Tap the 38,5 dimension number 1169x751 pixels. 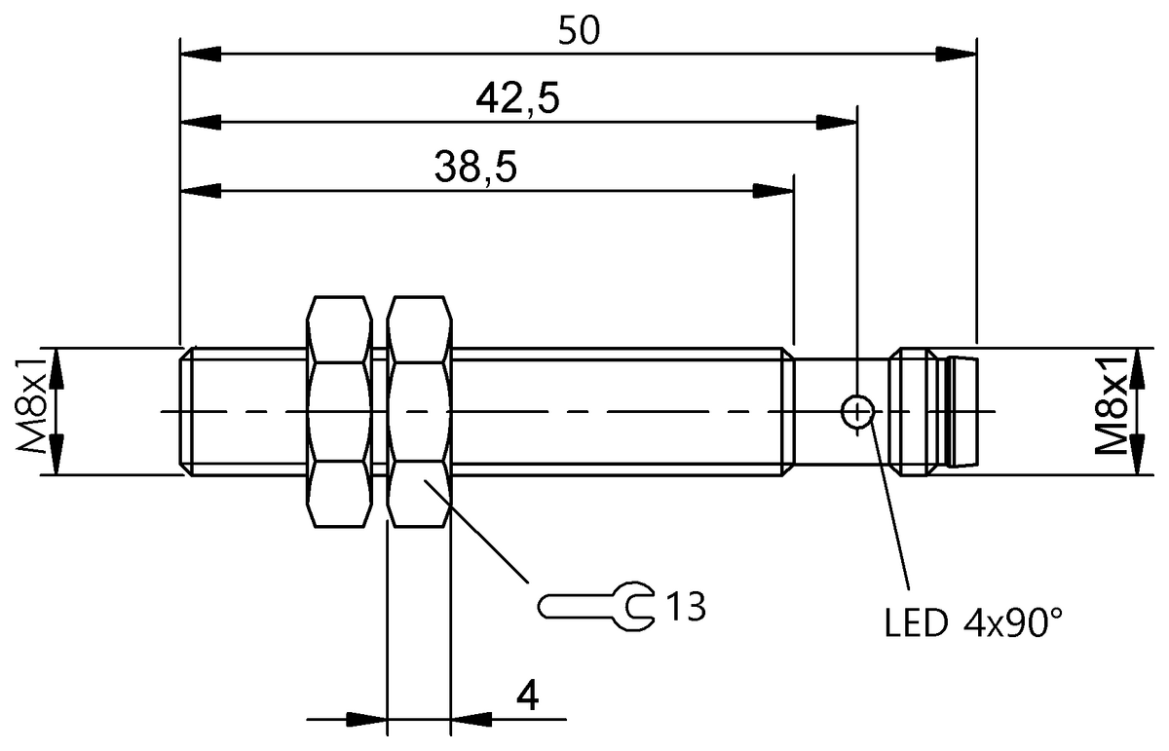click(475, 168)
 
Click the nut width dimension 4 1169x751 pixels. click(526, 695)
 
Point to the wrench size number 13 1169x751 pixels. click(685, 606)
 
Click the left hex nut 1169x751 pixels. click(340, 412)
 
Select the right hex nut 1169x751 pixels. click(420, 412)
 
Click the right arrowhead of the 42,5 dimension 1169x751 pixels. click(837, 122)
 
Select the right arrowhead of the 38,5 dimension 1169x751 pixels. click(774, 190)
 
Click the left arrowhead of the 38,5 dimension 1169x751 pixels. click(201, 190)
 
